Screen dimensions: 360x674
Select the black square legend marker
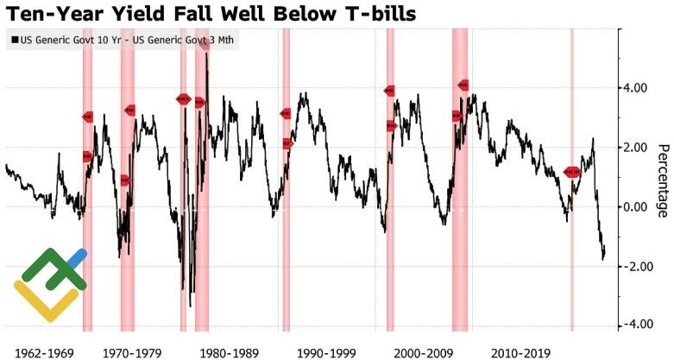(15, 41)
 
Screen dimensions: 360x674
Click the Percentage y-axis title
(662, 181)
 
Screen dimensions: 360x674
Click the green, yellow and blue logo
(50, 282)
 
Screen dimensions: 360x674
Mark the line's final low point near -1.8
(603, 258)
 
